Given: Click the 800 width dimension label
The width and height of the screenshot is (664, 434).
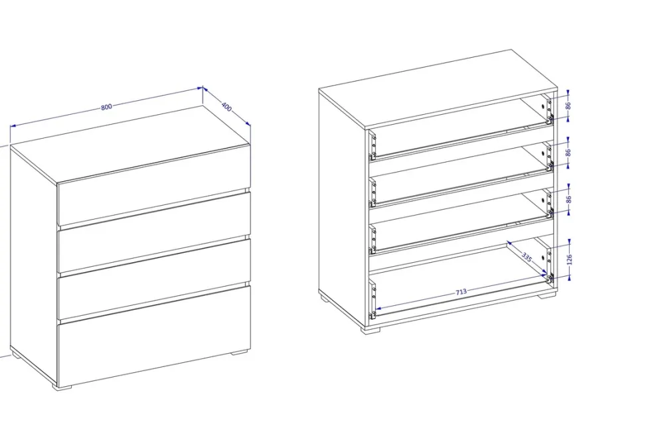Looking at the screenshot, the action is [107, 107].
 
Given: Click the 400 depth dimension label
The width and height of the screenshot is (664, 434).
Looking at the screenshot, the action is [226, 107].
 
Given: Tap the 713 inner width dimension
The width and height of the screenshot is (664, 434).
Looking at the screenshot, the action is [461, 292].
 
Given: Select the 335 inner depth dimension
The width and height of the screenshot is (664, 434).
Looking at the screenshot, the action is [527, 257].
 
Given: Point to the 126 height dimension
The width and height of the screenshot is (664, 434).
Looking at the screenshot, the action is [569, 259].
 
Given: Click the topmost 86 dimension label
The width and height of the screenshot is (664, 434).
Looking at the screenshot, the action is [568, 106].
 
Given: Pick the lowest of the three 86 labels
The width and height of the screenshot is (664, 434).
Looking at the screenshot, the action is [568, 198].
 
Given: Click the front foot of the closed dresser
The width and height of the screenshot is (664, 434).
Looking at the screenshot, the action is [62, 387].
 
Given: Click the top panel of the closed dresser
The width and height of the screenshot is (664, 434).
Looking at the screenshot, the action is [130, 145].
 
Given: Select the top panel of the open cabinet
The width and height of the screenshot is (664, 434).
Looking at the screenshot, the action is [438, 89].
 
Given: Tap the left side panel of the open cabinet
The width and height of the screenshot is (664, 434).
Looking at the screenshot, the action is [342, 208].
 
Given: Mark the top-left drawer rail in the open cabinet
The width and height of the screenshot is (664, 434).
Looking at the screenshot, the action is [373, 147].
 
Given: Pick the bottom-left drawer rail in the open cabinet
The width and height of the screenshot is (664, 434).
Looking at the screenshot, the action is [373, 299].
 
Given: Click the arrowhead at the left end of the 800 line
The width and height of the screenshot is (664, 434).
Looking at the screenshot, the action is [13, 126].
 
